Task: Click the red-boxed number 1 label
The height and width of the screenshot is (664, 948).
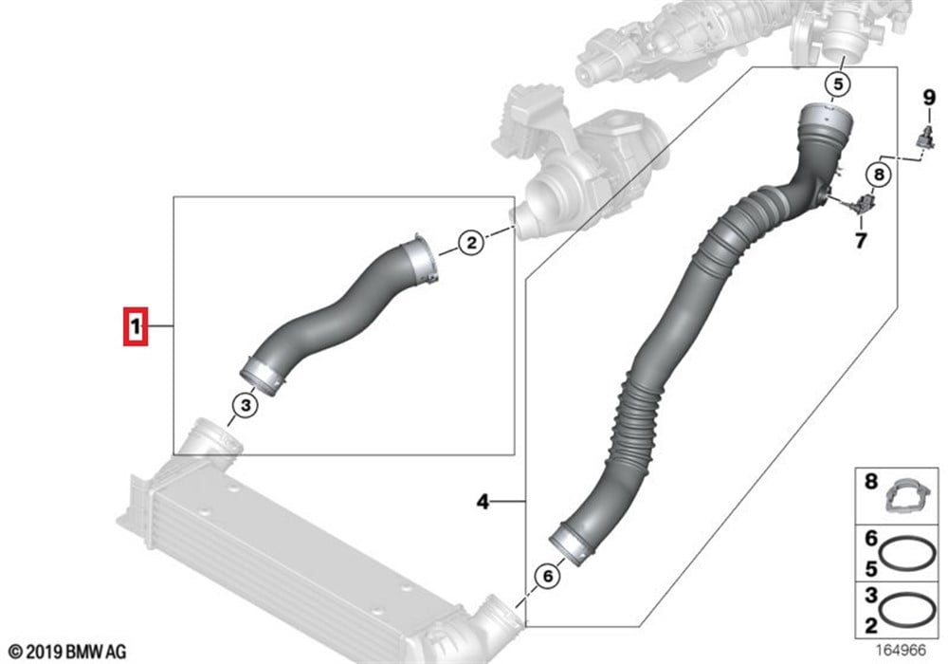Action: (136, 327)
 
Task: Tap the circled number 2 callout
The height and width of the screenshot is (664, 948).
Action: (471, 243)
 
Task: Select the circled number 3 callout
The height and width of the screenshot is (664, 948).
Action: (246, 405)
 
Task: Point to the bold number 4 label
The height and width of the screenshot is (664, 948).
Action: (483, 502)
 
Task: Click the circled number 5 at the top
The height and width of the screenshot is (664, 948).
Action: (839, 84)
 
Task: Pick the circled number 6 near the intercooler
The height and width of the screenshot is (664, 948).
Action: (548, 576)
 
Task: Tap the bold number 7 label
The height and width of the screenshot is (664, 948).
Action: (861, 241)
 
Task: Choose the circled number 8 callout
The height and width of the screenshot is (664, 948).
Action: (879, 175)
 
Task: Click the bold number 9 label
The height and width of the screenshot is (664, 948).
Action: (929, 98)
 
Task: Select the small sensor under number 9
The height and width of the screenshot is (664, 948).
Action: (925, 138)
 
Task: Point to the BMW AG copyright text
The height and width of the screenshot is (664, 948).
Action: (67, 652)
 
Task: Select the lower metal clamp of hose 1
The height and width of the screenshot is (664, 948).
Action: (263, 377)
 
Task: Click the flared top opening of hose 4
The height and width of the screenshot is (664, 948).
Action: (826, 119)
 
